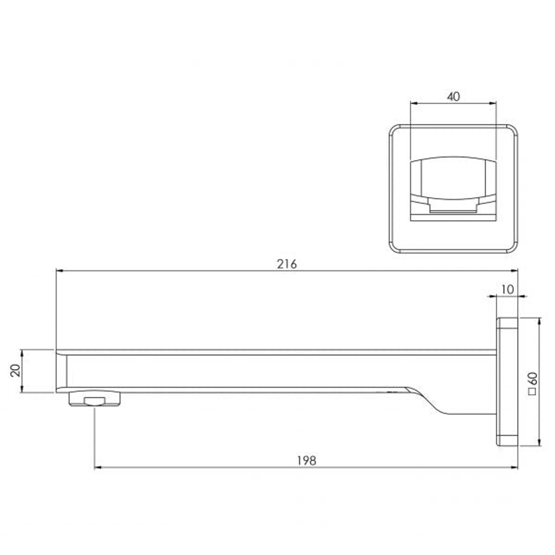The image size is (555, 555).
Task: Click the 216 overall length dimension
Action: pyautogui.click(x=287, y=264)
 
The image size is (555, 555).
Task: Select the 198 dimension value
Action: pyautogui.click(x=306, y=460)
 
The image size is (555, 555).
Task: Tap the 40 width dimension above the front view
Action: pyautogui.click(x=453, y=97)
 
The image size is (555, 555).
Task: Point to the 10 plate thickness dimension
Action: pyautogui.click(x=507, y=289)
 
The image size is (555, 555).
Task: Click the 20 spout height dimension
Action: pyautogui.click(x=15, y=370)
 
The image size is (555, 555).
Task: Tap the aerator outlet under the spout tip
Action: pyautogui.click(x=95, y=400)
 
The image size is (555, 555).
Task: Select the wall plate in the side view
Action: pyautogui.click(x=507, y=381)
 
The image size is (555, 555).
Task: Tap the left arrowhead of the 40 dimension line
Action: pyautogui.click(x=413, y=103)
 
